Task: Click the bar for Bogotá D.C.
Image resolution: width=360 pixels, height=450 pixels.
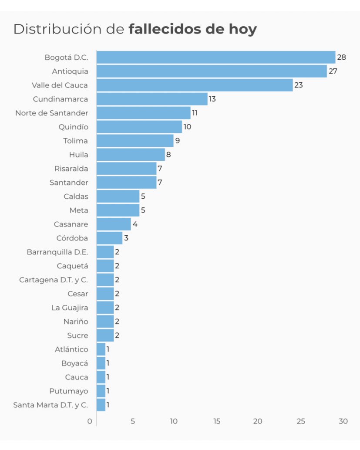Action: (x=215, y=57)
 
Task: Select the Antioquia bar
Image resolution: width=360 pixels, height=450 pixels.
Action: (x=211, y=71)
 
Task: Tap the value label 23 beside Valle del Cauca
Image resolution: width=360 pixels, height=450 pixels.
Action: (x=298, y=85)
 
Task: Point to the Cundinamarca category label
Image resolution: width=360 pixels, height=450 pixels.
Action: (x=60, y=99)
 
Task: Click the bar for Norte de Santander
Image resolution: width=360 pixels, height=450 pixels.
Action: (x=143, y=113)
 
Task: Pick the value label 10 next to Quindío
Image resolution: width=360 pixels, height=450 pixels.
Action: (x=187, y=127)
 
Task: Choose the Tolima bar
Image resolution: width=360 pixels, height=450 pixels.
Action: (x=135, y=141)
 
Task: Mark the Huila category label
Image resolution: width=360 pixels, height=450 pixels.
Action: (x=78, y=155)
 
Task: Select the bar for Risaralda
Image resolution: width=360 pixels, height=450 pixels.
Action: (x=126, y=169)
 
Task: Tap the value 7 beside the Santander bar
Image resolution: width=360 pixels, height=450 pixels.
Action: (x=160, y=183)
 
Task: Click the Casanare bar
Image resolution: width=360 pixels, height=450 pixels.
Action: (x=113, y=224)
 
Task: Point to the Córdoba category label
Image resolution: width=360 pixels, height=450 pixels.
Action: (x=72, y=238)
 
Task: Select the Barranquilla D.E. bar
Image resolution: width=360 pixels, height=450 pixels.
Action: (x=105, y=252)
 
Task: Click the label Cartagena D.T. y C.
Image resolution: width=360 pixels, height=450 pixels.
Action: (x=54, y=280)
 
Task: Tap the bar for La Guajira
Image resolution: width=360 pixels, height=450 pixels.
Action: (x=105, y=308)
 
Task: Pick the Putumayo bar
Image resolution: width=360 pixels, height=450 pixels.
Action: (x=101, y=391)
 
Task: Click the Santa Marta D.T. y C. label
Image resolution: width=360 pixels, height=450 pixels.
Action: (x=50, y=405)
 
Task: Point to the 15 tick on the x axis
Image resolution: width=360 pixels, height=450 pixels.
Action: (x=216, y=421)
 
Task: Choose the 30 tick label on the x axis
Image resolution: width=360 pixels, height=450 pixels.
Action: (x=343, y=421)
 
